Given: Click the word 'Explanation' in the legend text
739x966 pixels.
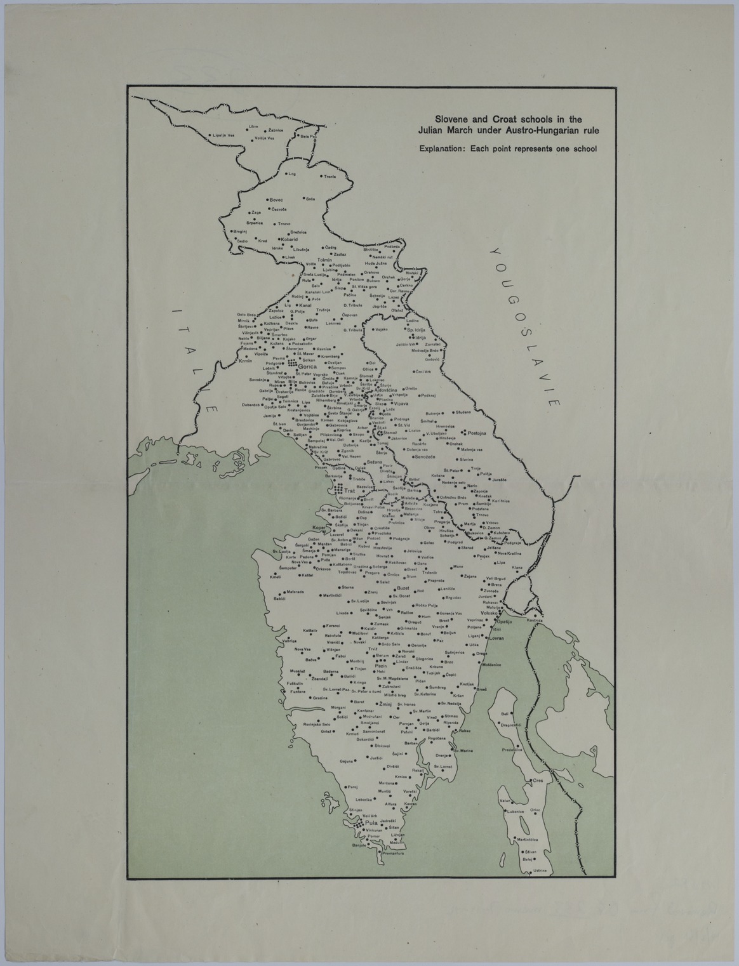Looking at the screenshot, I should (x=439, y=149).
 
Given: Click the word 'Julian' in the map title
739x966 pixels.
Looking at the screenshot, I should (x=432, y=130).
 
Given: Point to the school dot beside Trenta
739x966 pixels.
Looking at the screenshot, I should (x=321, y=176).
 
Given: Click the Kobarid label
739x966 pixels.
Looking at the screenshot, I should (x=288, y=239).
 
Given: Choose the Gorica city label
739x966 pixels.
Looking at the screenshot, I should (x=308, y=366).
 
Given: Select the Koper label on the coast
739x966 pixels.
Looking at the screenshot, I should (x=319, y=527).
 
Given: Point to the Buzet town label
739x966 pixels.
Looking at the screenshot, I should (x=403, y=588).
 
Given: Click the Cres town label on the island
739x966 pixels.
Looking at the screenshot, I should (x=538, y=780).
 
